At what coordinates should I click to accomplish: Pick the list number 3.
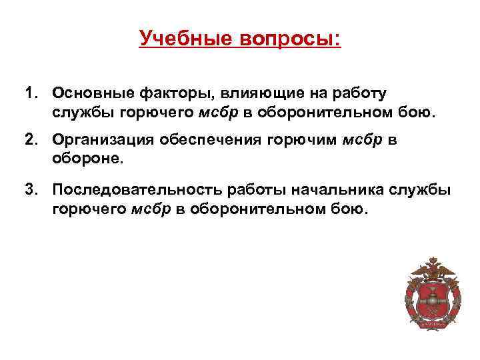pyautogui.click(x=31, y=190)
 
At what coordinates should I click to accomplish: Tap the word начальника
pyautogui.click(x=336, y=190)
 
